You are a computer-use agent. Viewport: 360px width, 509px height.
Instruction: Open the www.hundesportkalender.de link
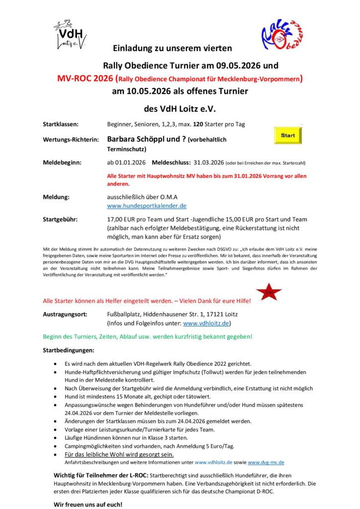pos(147,205)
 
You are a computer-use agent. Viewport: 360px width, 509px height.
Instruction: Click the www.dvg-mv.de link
pos(266,462)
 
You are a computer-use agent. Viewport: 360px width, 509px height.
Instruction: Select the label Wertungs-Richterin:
pos(71,140)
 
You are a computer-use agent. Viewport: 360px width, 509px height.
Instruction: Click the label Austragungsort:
pos(66,314)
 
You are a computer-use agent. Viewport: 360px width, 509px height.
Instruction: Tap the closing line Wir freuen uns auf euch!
pos(88,505)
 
